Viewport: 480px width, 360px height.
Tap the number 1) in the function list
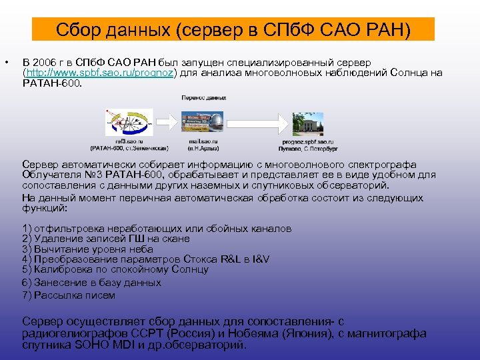27,228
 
